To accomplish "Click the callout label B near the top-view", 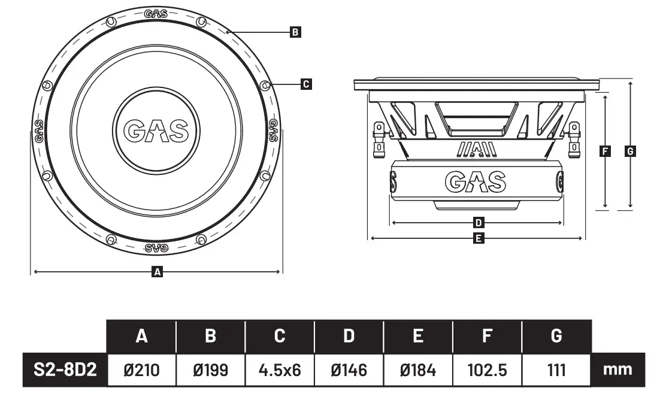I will [x=295, y=32].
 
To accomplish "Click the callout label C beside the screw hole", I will [x=305, y=84].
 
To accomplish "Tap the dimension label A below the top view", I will [x=158, y=272].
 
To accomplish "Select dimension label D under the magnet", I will [x=478, y=223].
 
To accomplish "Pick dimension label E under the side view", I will [x=478, y=239].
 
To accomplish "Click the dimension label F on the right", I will [x=606, y=152].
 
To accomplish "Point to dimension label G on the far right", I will [x=629, y=152].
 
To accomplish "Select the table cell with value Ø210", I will [x=141, y=369].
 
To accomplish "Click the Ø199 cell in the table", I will [x=210, y=369].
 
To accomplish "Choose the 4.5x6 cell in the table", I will [x=280, y=369].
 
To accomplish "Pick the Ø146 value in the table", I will [x=349, y=369].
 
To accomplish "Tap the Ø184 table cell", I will [x=418, y=369].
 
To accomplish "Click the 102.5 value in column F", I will [x=488, y=369].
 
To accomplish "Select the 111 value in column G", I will [x=556, y=369].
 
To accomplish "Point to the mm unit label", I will [x=617, y=369].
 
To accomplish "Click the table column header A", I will [x=141, y=336].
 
